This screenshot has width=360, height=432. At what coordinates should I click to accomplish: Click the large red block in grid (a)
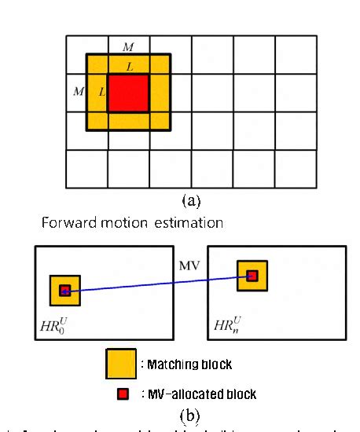(x=127, y=93)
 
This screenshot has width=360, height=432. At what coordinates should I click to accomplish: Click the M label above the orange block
(x=127, y=46)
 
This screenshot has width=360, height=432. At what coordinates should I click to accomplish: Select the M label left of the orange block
(x=78, y=92)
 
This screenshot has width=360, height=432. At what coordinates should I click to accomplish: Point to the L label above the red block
(x=129, y=68)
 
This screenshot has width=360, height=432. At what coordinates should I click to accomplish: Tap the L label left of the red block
(x=101, y=93)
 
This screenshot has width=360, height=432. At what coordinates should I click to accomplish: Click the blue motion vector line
(x=157, y=283)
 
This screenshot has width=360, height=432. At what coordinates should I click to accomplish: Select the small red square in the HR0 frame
(x=64, y=291)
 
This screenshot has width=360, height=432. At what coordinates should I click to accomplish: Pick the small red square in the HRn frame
(x=252, y=276)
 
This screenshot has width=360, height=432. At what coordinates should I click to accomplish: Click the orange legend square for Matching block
(x=119, y=364)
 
